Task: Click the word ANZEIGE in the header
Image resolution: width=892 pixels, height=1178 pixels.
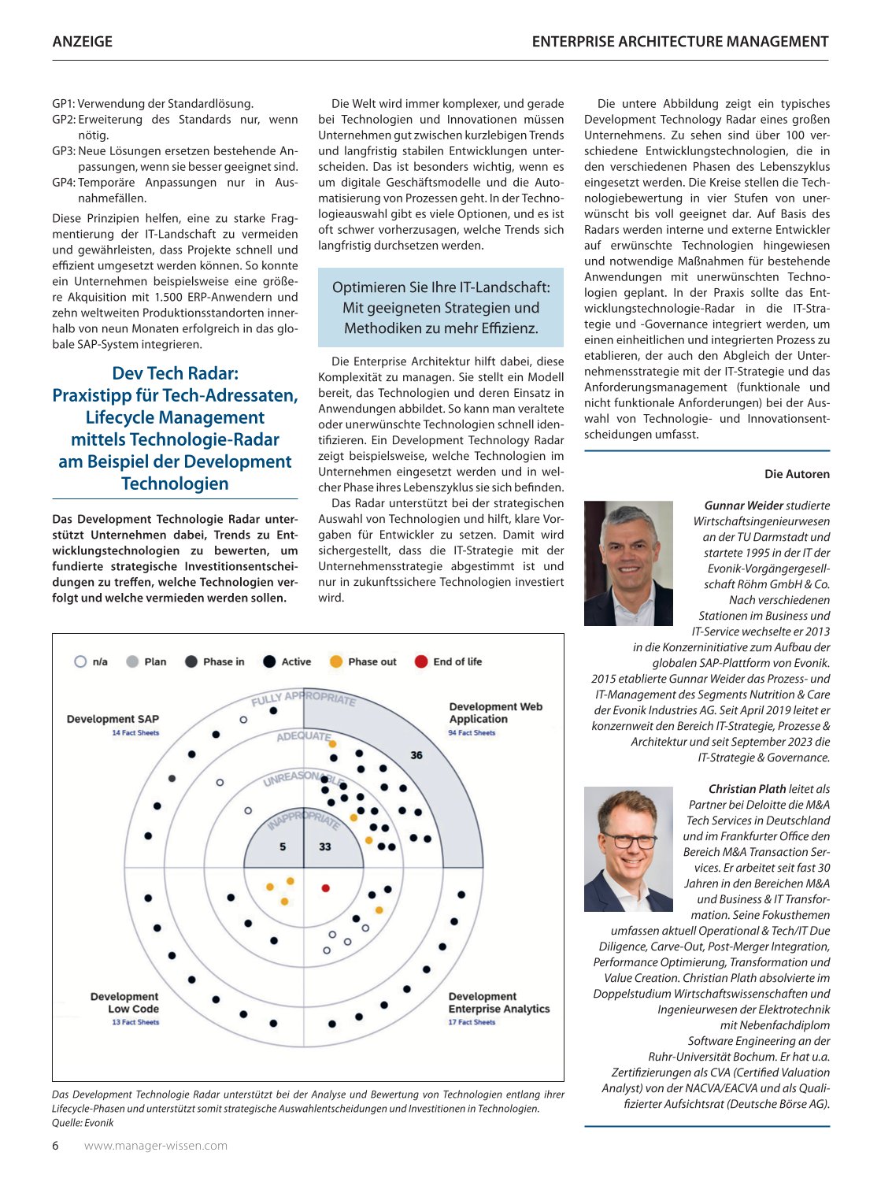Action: pos(82,42)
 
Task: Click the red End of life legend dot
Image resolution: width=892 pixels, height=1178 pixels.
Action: pos(421,661)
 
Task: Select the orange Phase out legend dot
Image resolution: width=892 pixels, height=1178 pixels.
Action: pos(336,661)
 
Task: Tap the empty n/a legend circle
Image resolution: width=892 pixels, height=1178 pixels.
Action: pos(80,661)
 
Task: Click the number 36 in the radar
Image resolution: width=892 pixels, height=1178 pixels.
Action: pos(416,755)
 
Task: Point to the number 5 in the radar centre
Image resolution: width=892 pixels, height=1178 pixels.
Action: pos(283,846)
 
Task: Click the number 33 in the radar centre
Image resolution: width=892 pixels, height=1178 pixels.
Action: pos(325,846)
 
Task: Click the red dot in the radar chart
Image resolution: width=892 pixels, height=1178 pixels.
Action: pos(326,888)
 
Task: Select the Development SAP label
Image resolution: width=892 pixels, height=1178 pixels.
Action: pos(113,719)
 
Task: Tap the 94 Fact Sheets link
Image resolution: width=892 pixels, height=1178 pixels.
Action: pos(472,733)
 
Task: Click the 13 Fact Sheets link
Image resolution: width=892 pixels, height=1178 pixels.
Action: pos(135,1022)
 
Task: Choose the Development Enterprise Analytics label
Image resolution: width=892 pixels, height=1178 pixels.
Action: pos(498,1002)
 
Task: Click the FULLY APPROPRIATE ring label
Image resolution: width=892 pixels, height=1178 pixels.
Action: pos(303,698)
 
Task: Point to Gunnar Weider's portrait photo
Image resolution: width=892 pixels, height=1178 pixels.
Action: pos(628,563)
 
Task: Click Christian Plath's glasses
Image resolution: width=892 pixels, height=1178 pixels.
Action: pos(628,839)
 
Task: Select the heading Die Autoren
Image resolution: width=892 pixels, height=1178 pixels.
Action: pos(797,474)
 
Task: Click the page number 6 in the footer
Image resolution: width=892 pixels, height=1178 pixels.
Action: pos(55,1146)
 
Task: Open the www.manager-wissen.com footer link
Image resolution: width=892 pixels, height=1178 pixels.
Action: pos(156,1146)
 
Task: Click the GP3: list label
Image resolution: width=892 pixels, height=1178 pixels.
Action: pos(64,150)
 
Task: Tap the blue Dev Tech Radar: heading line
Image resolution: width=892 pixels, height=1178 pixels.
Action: pos(175,373)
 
